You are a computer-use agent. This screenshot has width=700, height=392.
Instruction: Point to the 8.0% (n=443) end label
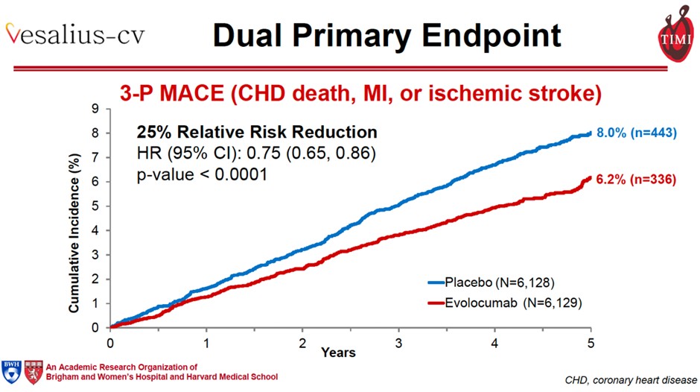636,133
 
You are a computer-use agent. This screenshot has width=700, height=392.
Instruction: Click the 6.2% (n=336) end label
636,179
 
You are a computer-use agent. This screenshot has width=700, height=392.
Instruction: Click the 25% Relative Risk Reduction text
257,133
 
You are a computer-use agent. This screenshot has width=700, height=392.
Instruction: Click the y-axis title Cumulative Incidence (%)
74,218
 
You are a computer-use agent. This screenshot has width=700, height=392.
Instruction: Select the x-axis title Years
339,352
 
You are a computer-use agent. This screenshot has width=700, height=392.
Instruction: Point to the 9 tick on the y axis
95,109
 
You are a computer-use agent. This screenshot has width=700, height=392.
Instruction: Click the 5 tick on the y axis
95,206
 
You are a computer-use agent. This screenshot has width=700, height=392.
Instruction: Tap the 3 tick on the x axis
398,343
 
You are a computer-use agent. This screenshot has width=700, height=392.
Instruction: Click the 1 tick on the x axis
206,343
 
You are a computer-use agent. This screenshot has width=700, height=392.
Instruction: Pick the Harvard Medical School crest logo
34,371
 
